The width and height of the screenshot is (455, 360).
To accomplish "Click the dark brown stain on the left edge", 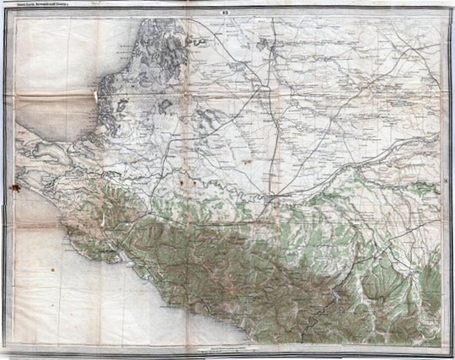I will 13,184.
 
